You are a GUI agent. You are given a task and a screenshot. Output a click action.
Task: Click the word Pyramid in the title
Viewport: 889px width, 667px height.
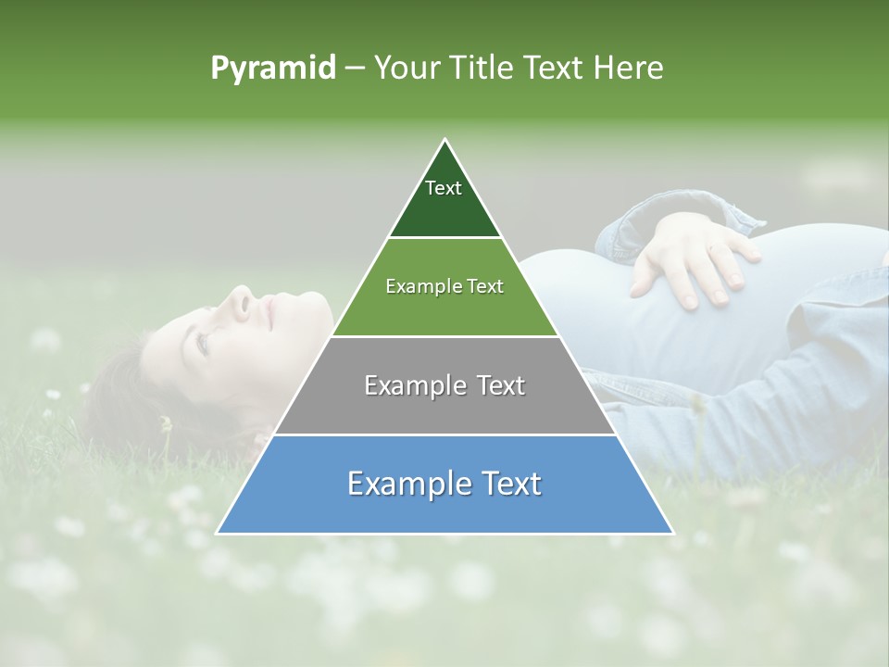pos(273,69)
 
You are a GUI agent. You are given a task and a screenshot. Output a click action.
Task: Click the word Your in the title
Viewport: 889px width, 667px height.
pos(407,68)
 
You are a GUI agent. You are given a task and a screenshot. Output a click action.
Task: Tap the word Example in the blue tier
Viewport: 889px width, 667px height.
pos(403,484)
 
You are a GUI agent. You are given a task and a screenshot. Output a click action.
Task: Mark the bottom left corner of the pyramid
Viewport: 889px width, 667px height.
pos(218,533)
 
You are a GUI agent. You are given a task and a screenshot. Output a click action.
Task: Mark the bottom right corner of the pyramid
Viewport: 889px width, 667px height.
pos(672,533)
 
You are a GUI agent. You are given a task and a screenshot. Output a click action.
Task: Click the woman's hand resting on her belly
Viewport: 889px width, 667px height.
pos(690,259)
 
